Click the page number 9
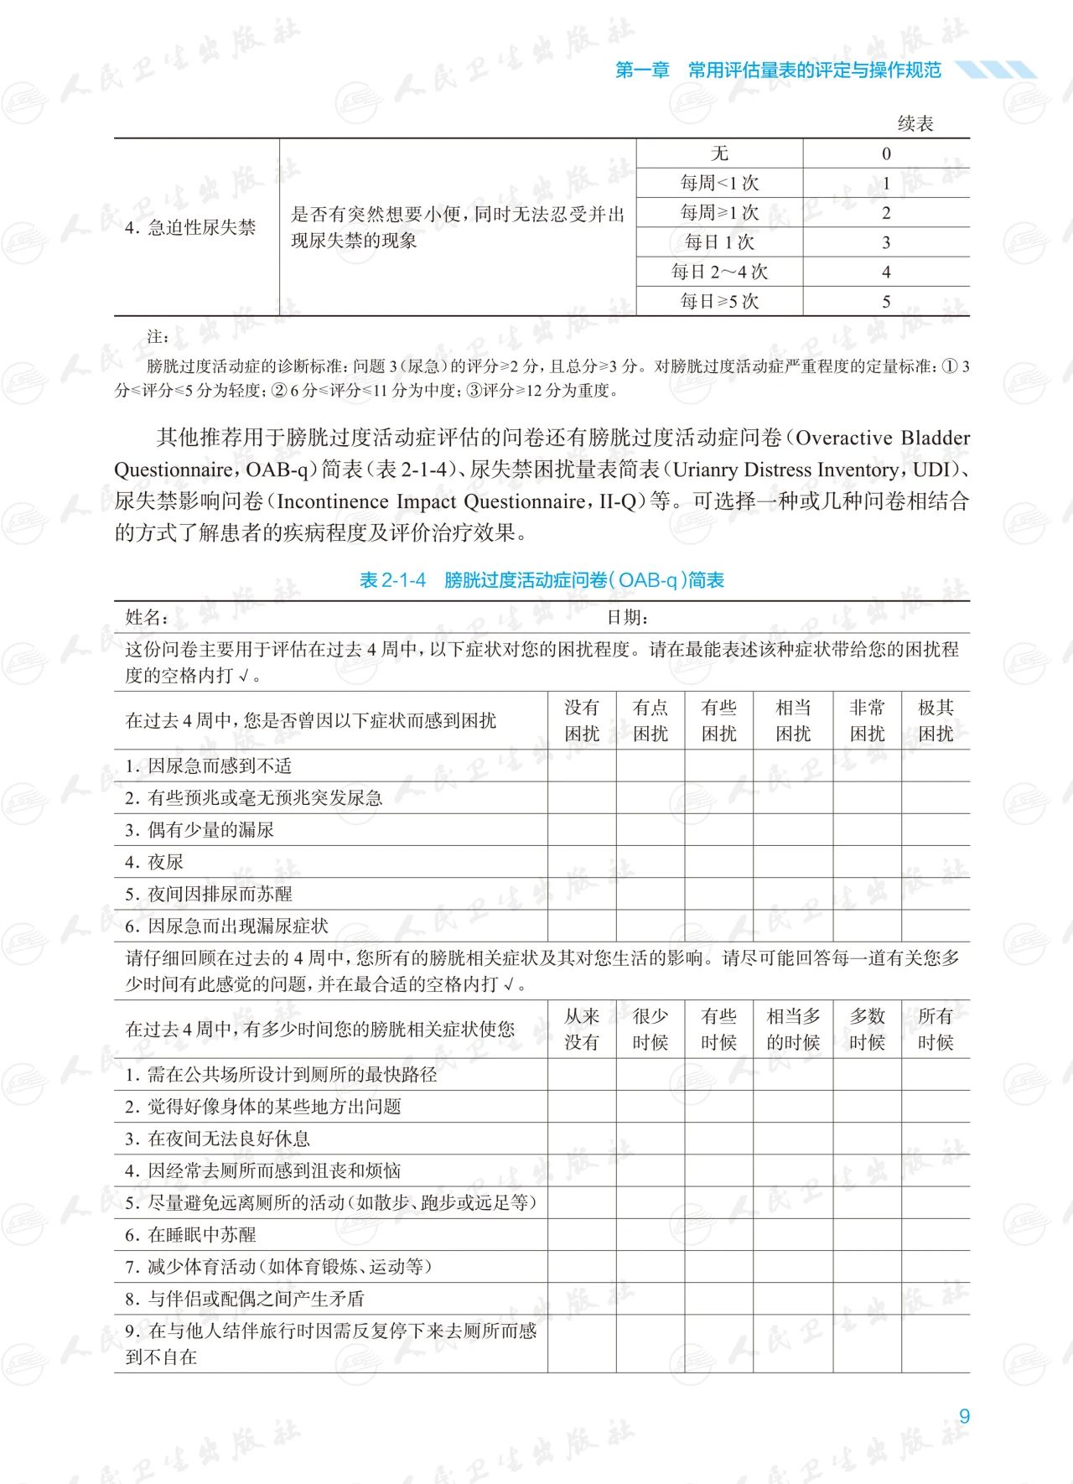[x=964, y=1416]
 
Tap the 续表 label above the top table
[x=915, y=124]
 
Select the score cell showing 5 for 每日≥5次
[x=886, y=302]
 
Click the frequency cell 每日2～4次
[x=719, y=272]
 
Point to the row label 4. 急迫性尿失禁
[x=190, y=227]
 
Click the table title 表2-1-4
[x=392, y=580]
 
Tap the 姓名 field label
[x=146, y=618]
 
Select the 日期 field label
[x=627, y=618]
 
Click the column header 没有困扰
[x=582, y=720]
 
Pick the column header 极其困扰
[x=936, y=720]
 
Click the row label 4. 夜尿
[x=154, y=862]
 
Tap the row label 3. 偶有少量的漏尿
[x=200, y=830]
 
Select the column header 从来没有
[x=582, y=1029]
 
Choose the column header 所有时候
[x=936, y=1029]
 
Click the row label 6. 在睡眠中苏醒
[x=190, y=1235]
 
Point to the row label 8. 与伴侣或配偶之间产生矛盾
[x=245, y=1299]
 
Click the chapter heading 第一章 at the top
[x=642, y=70]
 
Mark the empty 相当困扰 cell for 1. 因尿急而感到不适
[x=793, y=765]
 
